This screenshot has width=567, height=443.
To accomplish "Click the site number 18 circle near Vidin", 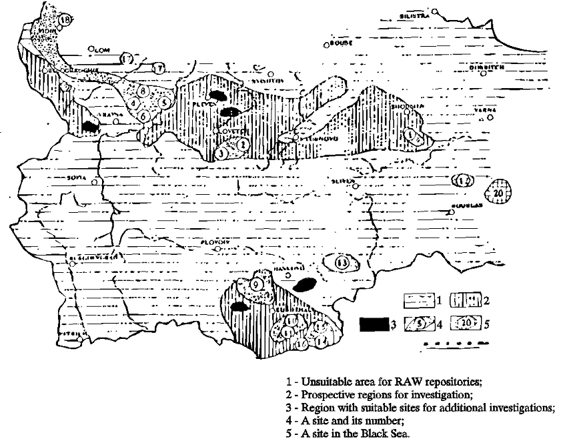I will coord(65,20).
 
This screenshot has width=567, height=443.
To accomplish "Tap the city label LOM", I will coord(101,49).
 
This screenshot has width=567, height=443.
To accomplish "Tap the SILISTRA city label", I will coord(414,15).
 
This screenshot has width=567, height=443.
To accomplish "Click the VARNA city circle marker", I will coord(490,117).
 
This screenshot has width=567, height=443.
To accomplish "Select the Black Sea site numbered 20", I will coord(499,192).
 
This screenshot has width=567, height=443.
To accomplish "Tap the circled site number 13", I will coord(342,262).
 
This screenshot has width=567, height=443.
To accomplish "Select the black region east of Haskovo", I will coord(304,285).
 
